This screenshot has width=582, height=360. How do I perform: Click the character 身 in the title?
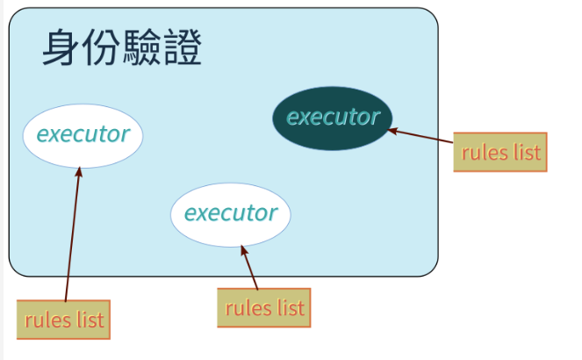point(60,47)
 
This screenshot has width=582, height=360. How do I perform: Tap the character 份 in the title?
point(101,47)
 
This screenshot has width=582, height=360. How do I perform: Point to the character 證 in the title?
point(183,47)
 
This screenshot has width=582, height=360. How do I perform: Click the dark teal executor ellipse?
point(332,119)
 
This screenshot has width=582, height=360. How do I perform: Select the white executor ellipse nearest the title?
point(83,136)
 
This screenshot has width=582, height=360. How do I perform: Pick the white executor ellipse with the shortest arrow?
point(231,214)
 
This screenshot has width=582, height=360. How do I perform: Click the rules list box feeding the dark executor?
point(500,152)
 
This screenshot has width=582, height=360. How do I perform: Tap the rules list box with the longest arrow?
point(63,320)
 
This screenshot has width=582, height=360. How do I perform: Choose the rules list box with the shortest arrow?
point(264,307)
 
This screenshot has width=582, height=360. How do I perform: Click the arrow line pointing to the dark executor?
point(420,136)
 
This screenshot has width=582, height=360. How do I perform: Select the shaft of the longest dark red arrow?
point(72,234)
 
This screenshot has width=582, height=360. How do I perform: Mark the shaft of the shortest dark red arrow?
point(249,267)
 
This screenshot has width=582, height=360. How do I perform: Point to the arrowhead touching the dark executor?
point(392,131)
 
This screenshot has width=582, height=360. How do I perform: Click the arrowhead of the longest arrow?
point(79,172)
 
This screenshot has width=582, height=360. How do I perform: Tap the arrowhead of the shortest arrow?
point(244,250)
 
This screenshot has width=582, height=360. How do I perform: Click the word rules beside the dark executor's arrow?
point(485,153)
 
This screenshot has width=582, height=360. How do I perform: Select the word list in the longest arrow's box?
point(90,320)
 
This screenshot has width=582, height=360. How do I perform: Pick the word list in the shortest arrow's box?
point(291,308)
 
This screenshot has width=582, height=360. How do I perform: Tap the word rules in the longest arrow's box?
point(47,320)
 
